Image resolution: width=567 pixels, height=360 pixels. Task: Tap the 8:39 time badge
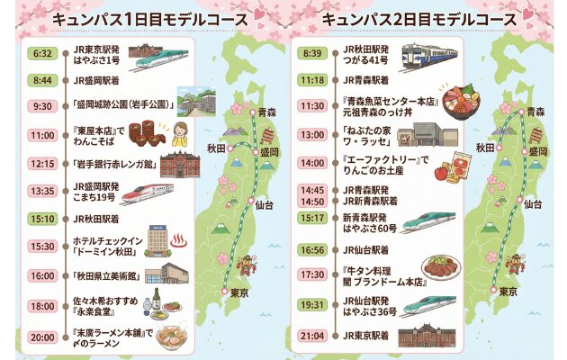[x=311, y=53]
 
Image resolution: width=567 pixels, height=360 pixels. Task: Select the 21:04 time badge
[x=311, y=336]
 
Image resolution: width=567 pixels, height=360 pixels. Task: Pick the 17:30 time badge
[x=311, y=274]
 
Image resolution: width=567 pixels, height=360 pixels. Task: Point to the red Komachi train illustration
[x=144, y=192]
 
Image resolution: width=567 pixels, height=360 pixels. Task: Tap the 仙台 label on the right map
[x=532, y=204]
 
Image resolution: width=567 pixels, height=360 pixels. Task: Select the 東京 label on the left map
[x=238, y=293]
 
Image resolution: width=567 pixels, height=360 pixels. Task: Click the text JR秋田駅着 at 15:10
[x=99, y=217]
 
